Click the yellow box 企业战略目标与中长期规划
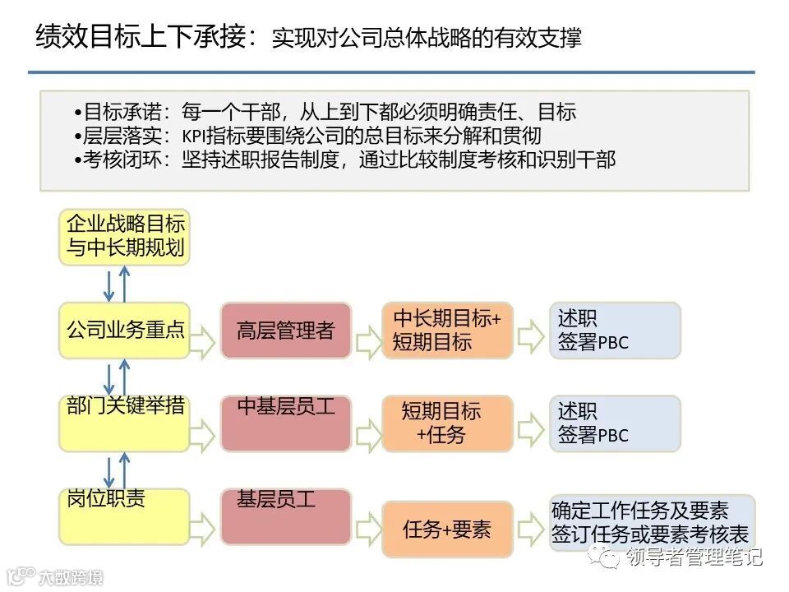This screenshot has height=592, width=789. click(124, 237)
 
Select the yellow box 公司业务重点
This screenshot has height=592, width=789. click(124, 331)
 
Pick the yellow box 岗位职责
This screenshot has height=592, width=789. click(124, 516)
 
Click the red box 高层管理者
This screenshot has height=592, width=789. click(285, 331)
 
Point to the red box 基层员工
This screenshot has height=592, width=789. click(285, 516)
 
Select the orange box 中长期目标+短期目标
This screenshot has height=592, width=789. click(447, 331)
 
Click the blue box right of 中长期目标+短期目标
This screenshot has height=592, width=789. click(615, 331)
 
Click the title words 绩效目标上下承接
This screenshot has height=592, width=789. click(141, 37)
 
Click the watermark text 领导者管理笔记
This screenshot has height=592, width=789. click(694, 557)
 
